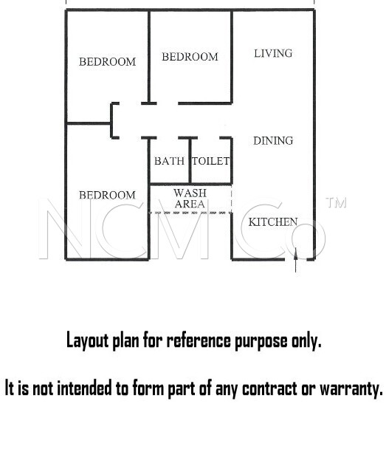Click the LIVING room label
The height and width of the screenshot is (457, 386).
point(273,53)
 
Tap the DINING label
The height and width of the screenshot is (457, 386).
point(273,141)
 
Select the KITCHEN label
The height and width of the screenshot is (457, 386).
point(273,222)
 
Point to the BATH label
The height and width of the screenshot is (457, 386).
point(169,161)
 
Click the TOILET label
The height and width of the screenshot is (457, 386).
point(211,161)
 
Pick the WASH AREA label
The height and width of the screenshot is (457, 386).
point(190,199)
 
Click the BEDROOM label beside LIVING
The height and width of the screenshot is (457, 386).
point(190,57)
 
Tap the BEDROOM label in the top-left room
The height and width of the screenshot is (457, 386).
point(108,62)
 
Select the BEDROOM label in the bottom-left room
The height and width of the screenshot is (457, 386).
point(108,195)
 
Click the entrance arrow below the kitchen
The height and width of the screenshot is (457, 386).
point(296,260)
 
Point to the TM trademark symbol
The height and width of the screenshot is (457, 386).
point(337,203)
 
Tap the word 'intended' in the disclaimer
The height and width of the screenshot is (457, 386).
point(84,388)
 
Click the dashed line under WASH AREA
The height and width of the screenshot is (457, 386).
point(190,213)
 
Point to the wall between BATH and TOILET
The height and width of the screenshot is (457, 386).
point(190,161)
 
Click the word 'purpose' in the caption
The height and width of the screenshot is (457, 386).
point(261,340)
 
